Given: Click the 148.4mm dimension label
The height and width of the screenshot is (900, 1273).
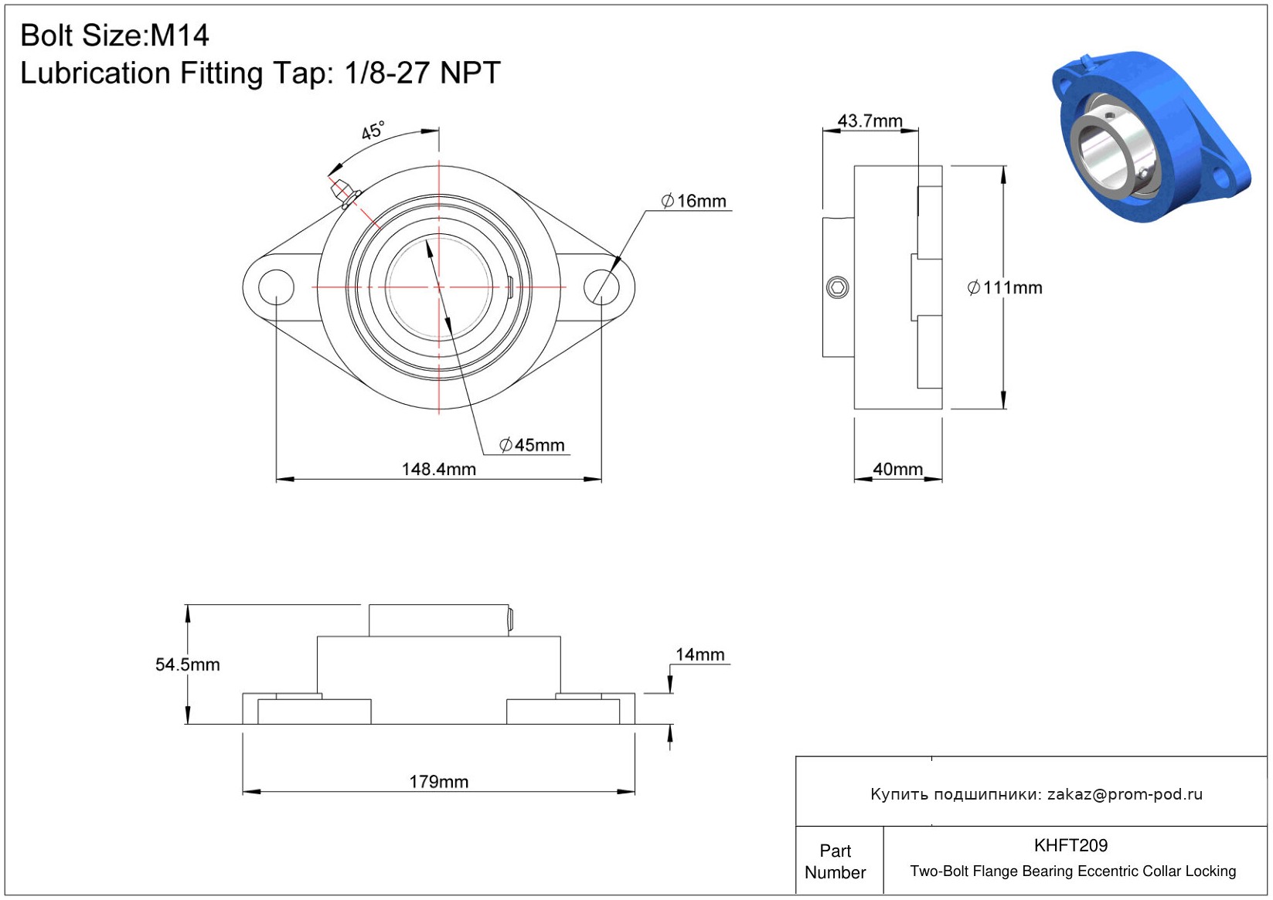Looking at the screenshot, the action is point(439,470).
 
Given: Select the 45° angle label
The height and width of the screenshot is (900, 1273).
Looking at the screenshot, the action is point(373,131).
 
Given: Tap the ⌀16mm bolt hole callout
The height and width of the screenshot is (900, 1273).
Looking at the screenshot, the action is point(693,201).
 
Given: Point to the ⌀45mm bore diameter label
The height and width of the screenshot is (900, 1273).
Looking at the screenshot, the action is point(532,445).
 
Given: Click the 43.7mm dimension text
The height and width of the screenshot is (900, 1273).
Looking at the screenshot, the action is point(870,121).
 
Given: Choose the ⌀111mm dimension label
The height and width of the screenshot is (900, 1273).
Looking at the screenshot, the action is point(1005,287).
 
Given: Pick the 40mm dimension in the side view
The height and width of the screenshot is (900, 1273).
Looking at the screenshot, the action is point(898,470).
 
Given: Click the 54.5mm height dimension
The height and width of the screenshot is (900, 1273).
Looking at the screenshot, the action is point(188,664).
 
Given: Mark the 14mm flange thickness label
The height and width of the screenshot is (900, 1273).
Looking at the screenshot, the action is point(699,654).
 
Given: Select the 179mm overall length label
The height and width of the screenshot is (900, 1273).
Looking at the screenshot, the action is point(439,782).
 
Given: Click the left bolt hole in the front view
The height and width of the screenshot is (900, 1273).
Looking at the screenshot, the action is point(276,287).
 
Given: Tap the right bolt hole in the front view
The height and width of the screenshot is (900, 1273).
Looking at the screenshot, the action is point(601,287).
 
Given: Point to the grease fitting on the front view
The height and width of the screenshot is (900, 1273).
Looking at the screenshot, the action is point(344,193).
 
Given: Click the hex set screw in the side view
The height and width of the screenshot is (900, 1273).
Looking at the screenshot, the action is point(837,287).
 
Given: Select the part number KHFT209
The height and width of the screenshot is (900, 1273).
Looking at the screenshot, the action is point(1070,845).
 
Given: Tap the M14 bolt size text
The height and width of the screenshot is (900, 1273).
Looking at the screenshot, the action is point(179,36).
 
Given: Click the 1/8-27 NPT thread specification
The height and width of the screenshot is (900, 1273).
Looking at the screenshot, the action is point(422,73).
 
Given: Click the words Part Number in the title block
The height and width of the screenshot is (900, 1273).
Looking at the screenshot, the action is point(835,861).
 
